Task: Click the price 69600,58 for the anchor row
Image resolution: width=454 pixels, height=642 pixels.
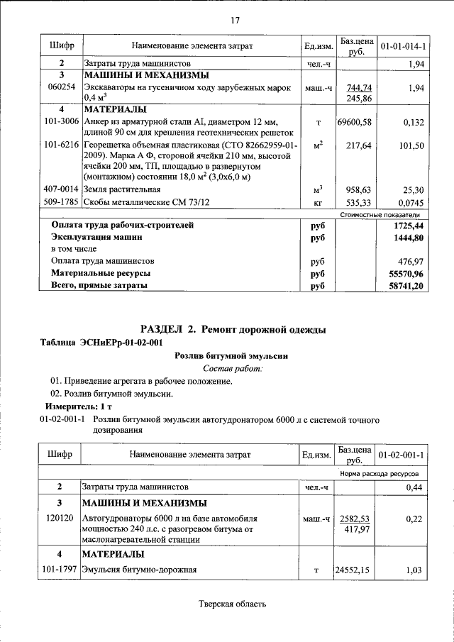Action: (x=355, y=122)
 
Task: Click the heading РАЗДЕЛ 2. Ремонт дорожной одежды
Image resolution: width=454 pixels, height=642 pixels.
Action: (x=233, y=329)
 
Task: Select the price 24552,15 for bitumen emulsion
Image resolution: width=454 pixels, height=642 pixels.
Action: (x=355, y=570)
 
